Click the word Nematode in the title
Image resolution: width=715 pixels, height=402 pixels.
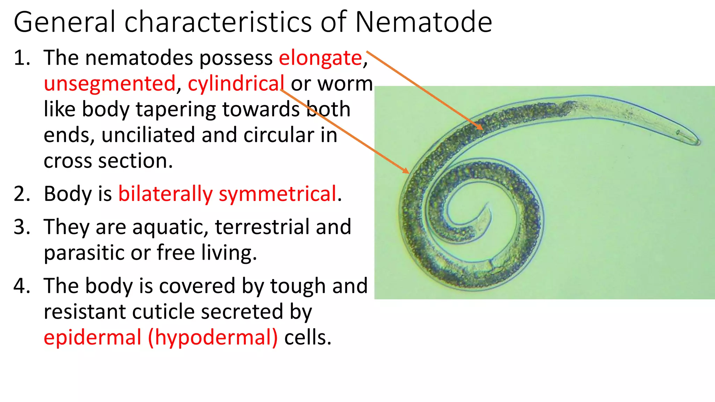click(423, 22)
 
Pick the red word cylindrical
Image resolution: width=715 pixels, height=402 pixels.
click(236, 84)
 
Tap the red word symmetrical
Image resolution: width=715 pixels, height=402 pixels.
click(278, 194)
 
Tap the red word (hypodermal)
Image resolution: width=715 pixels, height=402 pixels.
click(213, 337)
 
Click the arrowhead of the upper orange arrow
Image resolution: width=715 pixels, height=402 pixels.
click(482, 129)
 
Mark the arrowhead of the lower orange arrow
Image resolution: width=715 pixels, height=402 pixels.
click(408, 172)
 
